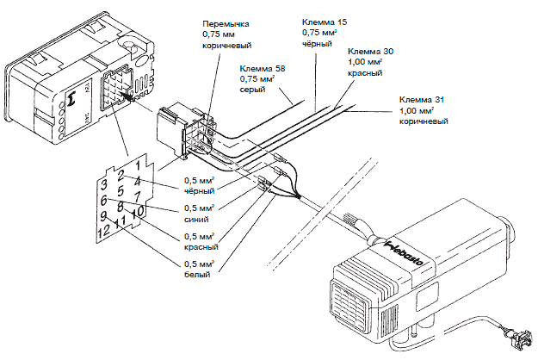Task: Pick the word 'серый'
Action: (251, 90)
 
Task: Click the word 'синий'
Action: (197, 219)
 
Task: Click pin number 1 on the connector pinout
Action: (139, 161)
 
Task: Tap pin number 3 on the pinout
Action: (103, 185)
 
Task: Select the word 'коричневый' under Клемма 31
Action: (426, 121)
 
